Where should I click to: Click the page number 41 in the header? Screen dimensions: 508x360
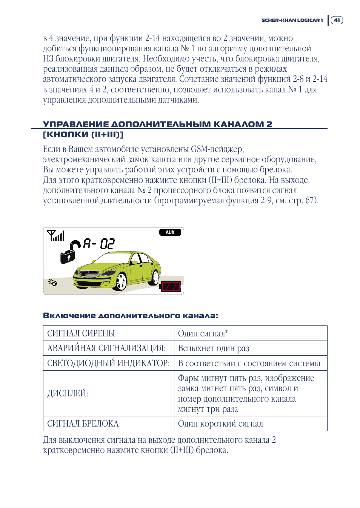[x=337, y=20]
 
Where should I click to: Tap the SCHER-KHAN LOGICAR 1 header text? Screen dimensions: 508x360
[x=292, y=20]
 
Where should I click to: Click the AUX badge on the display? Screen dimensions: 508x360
[x=170, y=232]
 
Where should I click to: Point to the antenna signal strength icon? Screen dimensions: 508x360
[x=56, y=236]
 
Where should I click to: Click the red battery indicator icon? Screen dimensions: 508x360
[x=171, y=286]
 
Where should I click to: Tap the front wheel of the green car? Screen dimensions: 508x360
[x=121, y=281]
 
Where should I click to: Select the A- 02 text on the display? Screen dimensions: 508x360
[x=98, y=244]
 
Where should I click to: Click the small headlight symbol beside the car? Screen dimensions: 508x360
[x=52, y=282]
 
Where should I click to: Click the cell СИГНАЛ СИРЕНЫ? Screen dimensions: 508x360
[x=82, y=333]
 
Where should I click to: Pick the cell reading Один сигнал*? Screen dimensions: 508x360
[x=203, y=333]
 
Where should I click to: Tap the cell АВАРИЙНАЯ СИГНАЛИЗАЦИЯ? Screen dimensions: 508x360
[x=106, y=348]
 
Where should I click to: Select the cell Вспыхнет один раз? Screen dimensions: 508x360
[x=214, y=348]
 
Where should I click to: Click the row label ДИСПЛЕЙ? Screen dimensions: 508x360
[x=68, y=393]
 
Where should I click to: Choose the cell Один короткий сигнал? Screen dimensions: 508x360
[x=220, y=424]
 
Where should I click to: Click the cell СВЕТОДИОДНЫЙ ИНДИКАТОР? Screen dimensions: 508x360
[x=108, y=363]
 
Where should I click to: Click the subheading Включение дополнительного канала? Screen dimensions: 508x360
[x=131, y=316]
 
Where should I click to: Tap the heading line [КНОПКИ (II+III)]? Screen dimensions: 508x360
[x=83, y=135]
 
